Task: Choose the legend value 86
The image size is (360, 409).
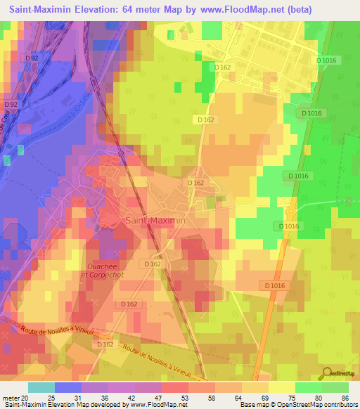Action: point(345,398)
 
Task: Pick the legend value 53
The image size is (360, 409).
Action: point(185,398)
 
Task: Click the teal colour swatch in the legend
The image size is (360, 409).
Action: point(41,387)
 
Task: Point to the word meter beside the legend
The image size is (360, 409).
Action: point(11,398)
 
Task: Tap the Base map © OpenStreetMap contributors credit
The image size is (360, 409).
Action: point(298,405)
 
